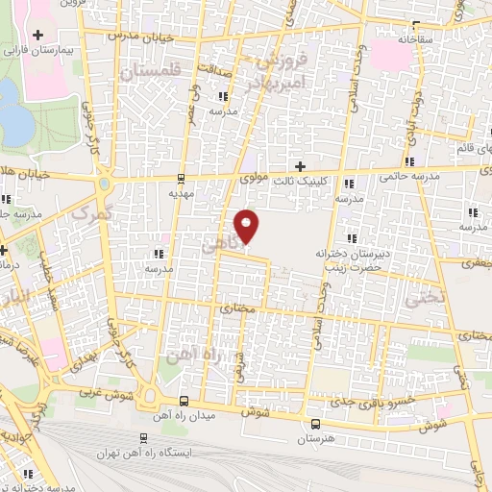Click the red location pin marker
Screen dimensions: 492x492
pos(248,226)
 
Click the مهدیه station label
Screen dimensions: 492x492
pos(182,192)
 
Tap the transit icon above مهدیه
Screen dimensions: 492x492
pos(182,178)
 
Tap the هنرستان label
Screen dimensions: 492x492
pos(315,438)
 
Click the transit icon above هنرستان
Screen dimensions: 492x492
pos(315,423)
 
